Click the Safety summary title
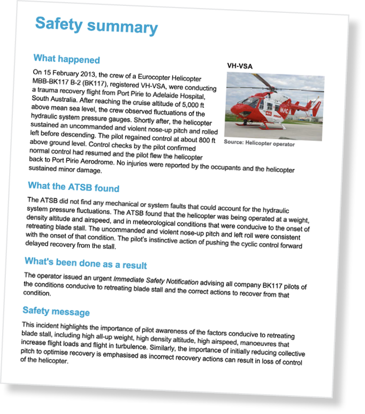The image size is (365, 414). (96, 25)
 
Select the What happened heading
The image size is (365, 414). (66, 58)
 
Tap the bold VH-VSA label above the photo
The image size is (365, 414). (239, 66)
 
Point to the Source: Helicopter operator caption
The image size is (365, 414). (259, 143)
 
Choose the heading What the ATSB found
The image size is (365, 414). (73, 187)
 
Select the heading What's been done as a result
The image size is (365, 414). (86, 263)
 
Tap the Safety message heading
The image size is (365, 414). (56, 311)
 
